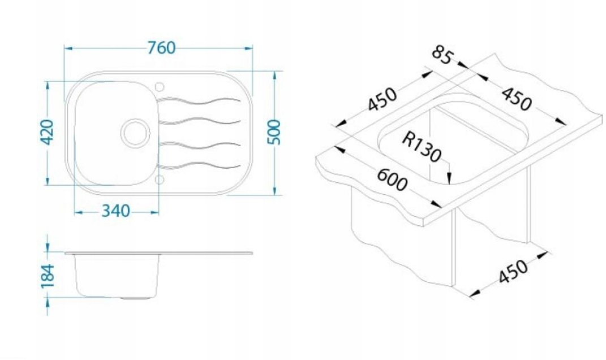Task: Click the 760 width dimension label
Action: [162, 48]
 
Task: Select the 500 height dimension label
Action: [275, 132]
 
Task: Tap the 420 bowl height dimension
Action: [48, 132]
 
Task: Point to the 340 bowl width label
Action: [115, 211]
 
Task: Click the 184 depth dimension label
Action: [48, 276]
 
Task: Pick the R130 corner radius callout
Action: [422, 147]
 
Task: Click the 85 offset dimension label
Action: [441, 55]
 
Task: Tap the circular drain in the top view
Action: [135, 133]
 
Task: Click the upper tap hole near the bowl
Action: [159, 87]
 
